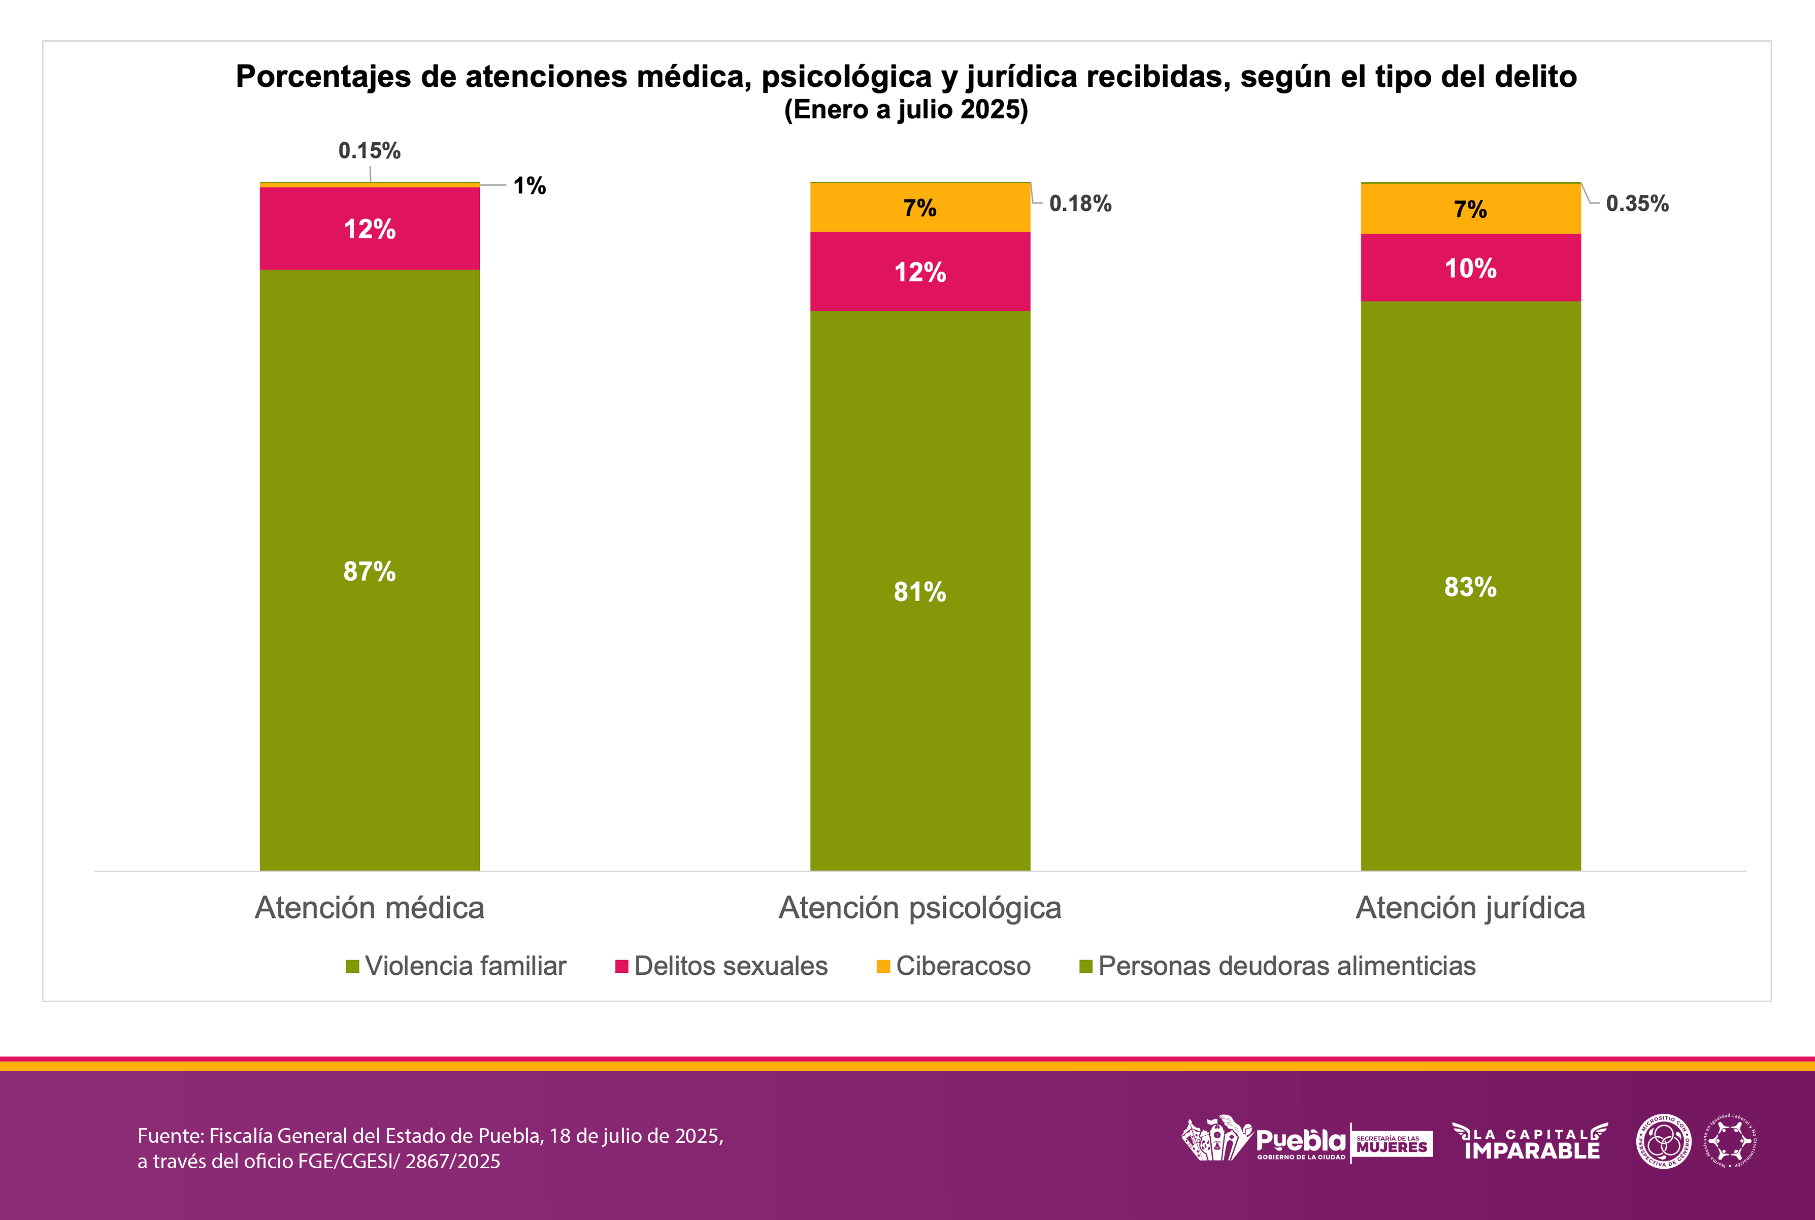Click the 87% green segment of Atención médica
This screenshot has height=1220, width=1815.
click(x=370, y=570)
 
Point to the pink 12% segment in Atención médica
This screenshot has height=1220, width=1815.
click(x=370, y=229)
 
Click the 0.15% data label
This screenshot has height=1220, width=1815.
click(x=370, y=150)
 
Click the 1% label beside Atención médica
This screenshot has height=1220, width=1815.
click(x=529, y=185)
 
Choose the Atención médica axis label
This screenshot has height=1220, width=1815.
click(x=370, y=907)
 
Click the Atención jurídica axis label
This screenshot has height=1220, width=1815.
click(x=1470, y=907)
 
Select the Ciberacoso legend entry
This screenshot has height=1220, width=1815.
click(x=963, y=966)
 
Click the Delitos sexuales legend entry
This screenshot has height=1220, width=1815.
click(x=730, y=966)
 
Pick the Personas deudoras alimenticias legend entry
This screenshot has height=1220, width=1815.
click(x=1286, y=966)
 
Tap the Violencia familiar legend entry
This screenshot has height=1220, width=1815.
click(x=465, y=966)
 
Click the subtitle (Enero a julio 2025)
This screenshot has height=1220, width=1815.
click(x=906, y=109)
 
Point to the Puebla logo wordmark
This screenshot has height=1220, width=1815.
click(x=1300, y=1141)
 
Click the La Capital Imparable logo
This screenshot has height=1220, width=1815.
click(x=1530, y=1141)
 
